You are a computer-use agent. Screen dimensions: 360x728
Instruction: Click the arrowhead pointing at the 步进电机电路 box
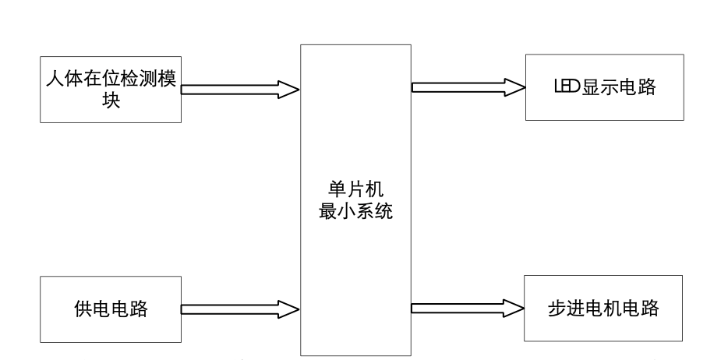(512, 309)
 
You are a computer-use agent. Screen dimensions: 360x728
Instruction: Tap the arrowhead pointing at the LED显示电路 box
(512, 87)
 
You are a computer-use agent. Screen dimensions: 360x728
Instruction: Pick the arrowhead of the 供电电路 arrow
(289, 310)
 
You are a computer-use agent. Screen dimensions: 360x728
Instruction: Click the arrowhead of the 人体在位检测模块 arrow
(289, 90)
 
